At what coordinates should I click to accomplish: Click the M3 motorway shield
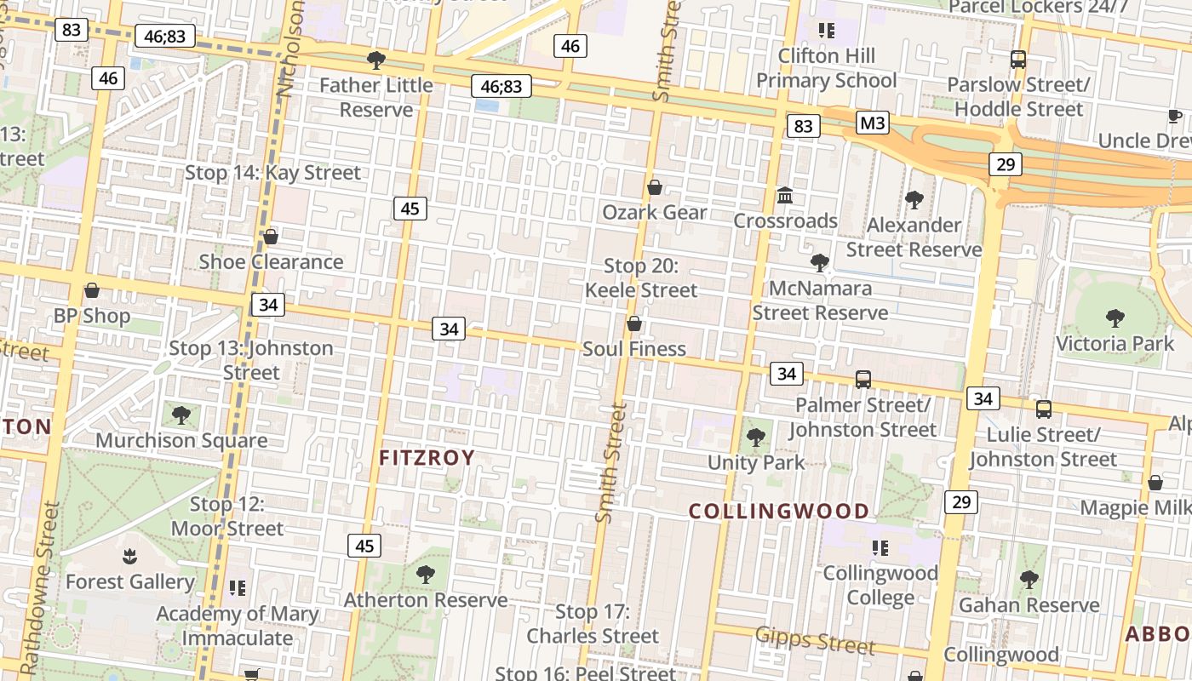(x=873, y=123)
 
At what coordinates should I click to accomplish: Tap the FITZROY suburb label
(x=427, y=458)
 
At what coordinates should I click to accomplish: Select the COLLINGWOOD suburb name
(x=778, y=512)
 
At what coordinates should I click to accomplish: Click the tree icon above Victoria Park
(x=1115, y=318)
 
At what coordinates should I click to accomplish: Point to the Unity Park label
(x=756, y=462)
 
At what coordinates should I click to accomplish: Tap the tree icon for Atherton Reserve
(x=425, y=575)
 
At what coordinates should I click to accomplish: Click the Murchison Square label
(x=181, y=440)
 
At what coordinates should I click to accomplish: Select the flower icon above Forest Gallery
(x=129, y=557)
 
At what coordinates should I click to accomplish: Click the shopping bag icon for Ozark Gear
(x=655, y=187)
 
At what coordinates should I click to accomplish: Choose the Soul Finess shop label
(x=634, y=349)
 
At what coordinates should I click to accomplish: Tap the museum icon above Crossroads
(x=785, y=197)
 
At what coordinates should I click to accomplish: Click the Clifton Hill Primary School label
(x=826, y=68)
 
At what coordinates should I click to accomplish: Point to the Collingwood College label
(x=880, y=585)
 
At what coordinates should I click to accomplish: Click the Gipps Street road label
(x=815, y=641)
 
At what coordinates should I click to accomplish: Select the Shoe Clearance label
(x=271, y=261)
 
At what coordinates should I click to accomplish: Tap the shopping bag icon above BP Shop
(x=92, y=290)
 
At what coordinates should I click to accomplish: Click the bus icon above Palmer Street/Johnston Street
(x=862, y=380)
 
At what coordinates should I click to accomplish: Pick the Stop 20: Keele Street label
(x=640, y=278)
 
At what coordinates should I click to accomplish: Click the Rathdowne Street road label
(x=40, y=587)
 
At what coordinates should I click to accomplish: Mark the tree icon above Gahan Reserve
(x=1029, y=580)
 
